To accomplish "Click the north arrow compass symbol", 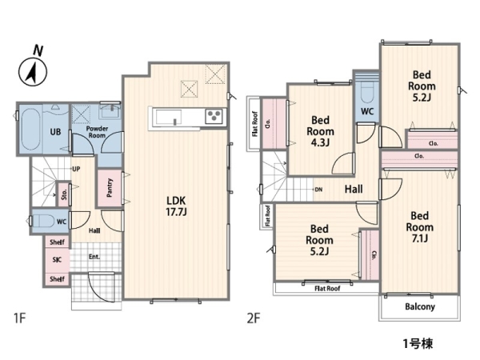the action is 33,72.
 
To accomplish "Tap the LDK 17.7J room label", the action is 176,206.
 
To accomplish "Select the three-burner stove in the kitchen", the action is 214,116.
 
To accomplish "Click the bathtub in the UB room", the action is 31,129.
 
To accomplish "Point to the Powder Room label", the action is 97,132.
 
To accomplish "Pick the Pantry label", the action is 110,188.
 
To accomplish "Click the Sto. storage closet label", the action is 64,194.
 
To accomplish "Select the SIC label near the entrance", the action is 57,260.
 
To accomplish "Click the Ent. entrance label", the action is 94,257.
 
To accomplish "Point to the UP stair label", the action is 76,169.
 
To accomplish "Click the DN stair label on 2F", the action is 318,190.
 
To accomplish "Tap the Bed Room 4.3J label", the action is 320,131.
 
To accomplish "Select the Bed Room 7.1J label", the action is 420,227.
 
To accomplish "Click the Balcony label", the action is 420,306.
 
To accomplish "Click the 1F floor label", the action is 19,318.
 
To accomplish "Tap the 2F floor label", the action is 254,318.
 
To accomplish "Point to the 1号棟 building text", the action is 418,344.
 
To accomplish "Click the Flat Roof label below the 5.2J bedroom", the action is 327,288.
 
